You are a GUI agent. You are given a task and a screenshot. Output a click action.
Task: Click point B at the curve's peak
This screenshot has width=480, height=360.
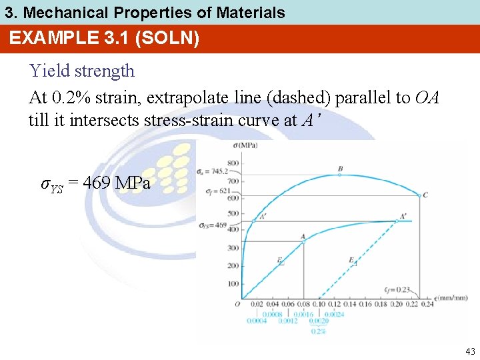tap(340, 174)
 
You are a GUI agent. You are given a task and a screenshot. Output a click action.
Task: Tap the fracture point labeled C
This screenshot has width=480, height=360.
tap(419, 195)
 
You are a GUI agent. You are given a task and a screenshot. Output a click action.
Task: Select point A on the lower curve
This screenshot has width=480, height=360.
tap(304, 241)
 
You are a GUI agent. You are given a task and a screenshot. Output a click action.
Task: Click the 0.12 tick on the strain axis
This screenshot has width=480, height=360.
tap(335, 305)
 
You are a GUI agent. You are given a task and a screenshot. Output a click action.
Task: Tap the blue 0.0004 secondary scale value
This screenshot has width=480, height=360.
tap(257, 321)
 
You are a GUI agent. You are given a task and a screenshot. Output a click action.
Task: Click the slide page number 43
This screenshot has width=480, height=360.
tap(470, 351)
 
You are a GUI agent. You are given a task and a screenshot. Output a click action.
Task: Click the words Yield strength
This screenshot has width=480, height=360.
tap(82, 71)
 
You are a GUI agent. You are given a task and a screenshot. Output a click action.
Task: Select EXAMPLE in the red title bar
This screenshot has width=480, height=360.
tap(49, 38)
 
